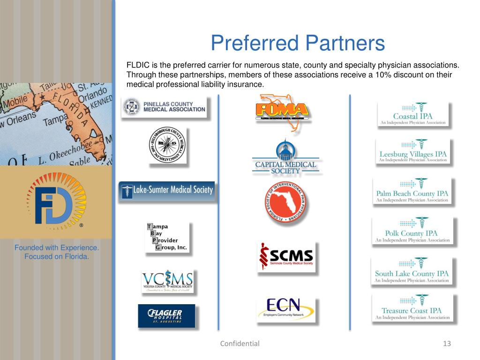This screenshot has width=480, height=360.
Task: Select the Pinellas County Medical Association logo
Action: pos(163,107)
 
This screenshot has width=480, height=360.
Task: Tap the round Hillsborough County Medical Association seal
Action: pos(168,145)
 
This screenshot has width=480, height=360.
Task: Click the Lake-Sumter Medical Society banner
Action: pos(167,191)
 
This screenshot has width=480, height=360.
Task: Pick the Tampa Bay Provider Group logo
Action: pos(167,237)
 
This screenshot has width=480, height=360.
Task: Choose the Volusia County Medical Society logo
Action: pos(167,281)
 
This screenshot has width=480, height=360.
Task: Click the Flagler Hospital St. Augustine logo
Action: pos(166,316)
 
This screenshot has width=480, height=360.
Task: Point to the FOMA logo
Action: pos(283,112)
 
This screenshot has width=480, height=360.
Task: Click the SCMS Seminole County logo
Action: pos(286,256)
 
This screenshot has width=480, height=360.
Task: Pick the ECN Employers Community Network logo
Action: pos(285,309)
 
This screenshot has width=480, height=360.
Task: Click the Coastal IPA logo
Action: pos(413,115)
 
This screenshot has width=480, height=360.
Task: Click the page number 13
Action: pos(446,344)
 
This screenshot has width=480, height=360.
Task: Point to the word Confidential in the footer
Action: pos(240,344)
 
